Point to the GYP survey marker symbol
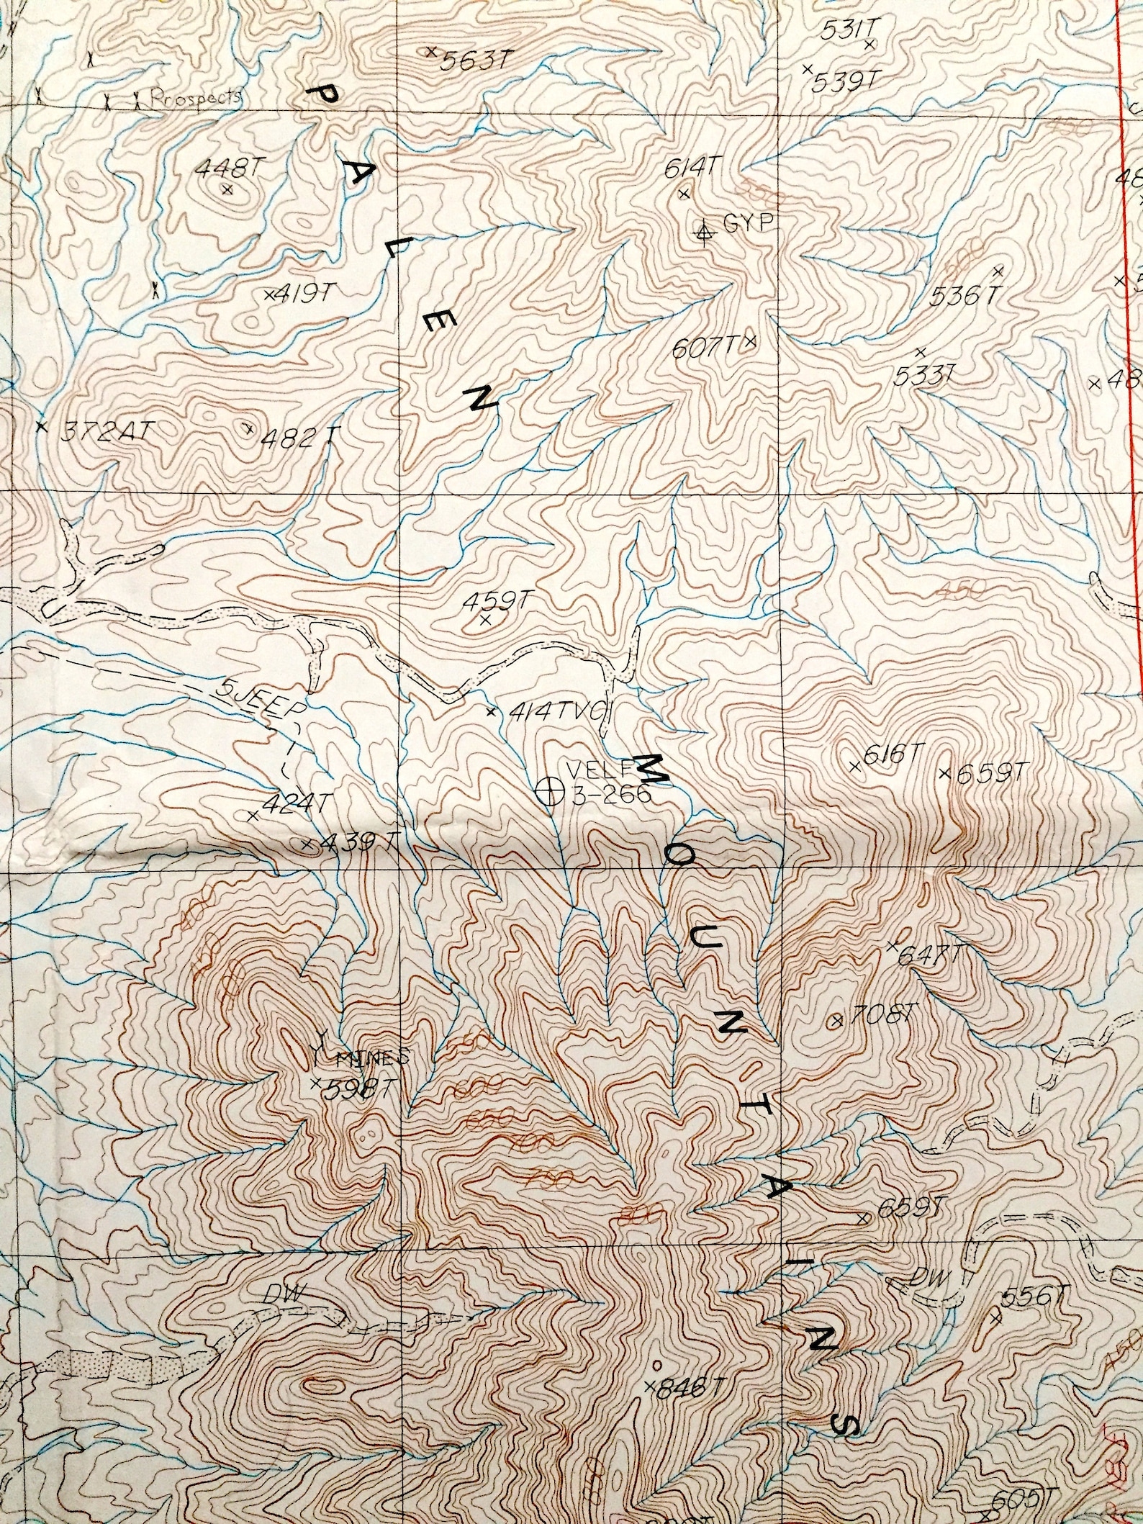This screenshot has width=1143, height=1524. coord(705,231)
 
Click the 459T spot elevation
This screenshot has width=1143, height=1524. coord(497,599)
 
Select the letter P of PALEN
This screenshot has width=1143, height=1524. coord(322,96)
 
